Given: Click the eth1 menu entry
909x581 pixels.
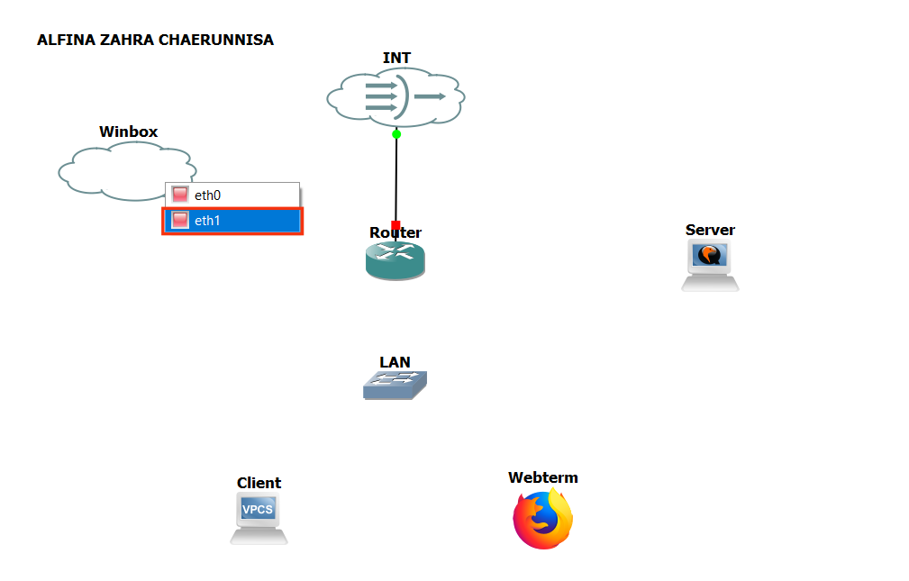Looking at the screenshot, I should (x=232, y=221).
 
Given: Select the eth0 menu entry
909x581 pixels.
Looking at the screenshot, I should (x=232, y=195).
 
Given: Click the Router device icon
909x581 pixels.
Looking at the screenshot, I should (x=395, y=261).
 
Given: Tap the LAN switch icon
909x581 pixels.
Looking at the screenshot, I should (x=395, y=386).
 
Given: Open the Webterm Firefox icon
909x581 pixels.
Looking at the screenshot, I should (x=543, y=519).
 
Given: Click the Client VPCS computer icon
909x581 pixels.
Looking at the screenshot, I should (x=259, y=520).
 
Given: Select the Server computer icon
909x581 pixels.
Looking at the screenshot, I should (x=710, y=266).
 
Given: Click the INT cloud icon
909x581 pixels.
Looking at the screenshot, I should (x=396, y=96).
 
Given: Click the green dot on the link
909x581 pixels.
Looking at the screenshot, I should (x=396, y=134).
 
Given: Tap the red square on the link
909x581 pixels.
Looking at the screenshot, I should (x=395, y=225).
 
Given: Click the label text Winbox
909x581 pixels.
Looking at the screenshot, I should (x=128, y=132).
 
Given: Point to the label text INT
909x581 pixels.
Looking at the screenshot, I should (x=396, y=58).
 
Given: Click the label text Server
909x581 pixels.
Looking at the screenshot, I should (x=710, y=230).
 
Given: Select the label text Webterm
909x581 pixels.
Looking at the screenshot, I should (x=542, y=477).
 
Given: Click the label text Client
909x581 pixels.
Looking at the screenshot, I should (x=259, y=483).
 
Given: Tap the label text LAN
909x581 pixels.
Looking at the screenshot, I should (x=395, y=362).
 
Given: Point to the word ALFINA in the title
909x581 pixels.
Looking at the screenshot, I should (x=60, y=41).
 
